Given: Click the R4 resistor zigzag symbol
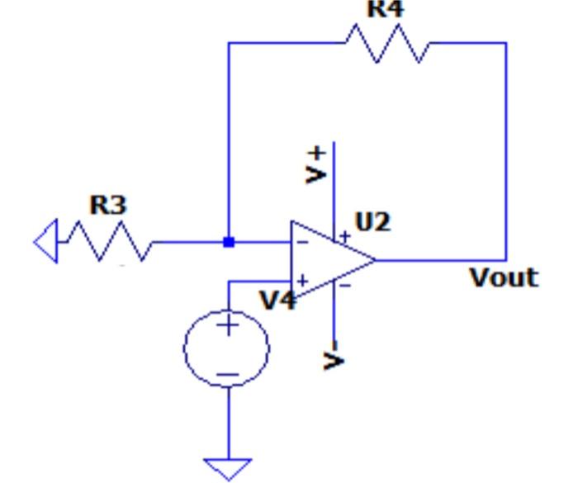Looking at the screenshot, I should click(x=387, y=43).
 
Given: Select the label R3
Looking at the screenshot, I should click(x=108, y=206).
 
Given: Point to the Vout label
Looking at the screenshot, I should click(x=504, y=277).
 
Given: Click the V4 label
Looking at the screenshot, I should click(x=278, y=300).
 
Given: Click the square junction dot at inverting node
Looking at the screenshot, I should click(x=229, y=242).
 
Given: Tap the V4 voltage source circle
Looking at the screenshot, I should click(x=226, y=348).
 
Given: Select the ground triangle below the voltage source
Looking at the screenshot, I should click(x=227, y=468).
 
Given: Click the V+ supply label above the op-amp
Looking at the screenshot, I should click(x=316, y=163).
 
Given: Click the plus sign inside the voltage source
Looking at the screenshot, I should click(x=227, y=324).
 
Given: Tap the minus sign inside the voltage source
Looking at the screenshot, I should click(x=227, y=374).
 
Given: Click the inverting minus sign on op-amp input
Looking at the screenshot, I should click(x=303, y=242).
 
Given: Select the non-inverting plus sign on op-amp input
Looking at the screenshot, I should click(x=303, y=281).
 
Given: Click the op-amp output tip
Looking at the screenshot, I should click(x=376, y=260).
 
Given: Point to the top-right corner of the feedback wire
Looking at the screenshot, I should click(x=505, y=43).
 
